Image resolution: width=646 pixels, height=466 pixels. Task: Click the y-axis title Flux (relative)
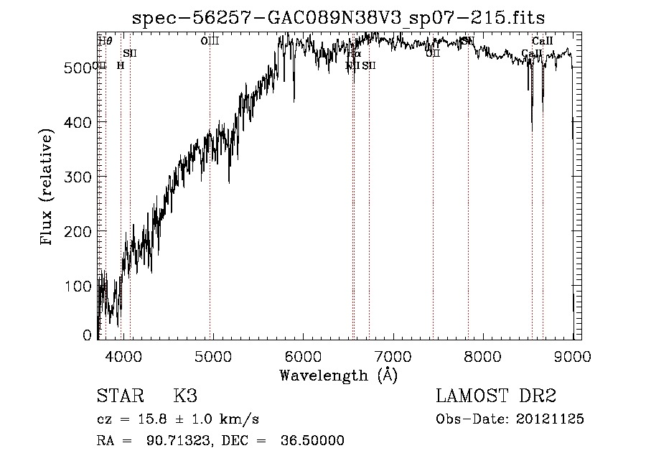click(48, 189)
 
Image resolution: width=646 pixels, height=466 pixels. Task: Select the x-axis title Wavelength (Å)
click(338, 375)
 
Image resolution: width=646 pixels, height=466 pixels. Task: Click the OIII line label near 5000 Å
click(210, 42)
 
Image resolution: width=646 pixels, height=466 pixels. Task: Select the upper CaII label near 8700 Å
click(542, 42)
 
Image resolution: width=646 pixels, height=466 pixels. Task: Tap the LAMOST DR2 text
click(496, 396)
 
